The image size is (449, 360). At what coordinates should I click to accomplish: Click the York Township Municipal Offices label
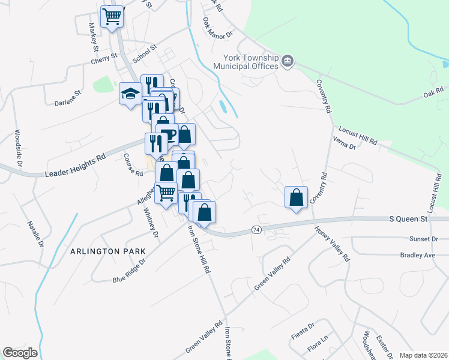coord(250,62)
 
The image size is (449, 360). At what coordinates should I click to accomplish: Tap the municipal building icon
coord(288,61)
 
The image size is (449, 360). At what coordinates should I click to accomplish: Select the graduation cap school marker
coord(130,94)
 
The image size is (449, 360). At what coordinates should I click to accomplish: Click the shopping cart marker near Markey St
coord(112,17)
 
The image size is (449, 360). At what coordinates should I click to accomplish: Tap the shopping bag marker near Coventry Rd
coord(296,197)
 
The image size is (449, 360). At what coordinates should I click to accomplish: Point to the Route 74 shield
coord(256,230)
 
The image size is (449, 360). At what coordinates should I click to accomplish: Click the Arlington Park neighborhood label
coord(108,252)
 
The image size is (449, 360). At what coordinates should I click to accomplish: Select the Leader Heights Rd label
coord(75,165)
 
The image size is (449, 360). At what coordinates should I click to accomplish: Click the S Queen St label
coord(408,219)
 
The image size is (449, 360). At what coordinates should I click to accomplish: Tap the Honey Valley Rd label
coord(332,244)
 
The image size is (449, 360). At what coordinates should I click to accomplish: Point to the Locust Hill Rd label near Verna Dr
coord(358,136)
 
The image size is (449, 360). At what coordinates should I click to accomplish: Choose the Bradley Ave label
coord(417,254)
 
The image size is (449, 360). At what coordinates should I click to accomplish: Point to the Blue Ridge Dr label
coord(129,271)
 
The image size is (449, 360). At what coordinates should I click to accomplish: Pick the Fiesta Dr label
coord(303,327)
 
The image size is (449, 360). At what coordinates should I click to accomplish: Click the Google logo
coord(20,353)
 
